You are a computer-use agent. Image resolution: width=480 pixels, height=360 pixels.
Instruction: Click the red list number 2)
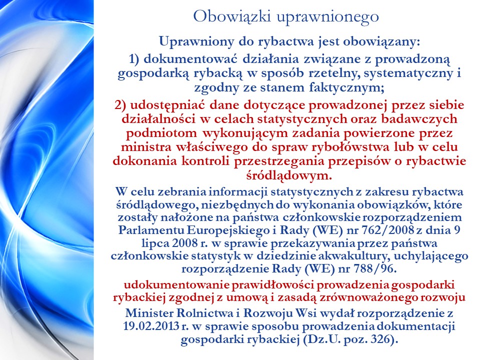click(120, 105)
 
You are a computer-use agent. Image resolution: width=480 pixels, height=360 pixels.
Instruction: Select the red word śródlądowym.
click(289, 175)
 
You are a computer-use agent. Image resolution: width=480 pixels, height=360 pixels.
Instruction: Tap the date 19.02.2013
click(151, 326)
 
